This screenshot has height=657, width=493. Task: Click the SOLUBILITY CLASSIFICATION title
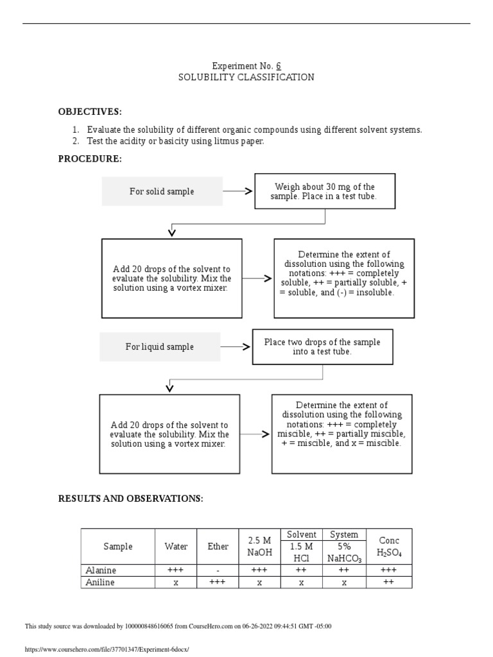click(246, 78)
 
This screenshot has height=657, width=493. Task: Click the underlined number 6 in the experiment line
click(279, 66)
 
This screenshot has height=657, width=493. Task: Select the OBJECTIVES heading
click(90, 112)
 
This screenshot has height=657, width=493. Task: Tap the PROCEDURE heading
click(90, 159)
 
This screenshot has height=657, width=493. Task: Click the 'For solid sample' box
click(162, 191)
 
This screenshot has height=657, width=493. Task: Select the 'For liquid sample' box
click(159, 346)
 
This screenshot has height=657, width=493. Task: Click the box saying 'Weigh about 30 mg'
click(324, 191)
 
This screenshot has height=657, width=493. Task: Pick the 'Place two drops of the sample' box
click(322, 346)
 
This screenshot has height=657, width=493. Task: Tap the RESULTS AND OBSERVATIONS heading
click(130, 499)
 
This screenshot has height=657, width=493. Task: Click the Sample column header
click(118, 547)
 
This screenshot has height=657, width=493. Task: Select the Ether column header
click(218, 547)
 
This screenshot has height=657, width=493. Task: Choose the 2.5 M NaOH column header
click(259, 547)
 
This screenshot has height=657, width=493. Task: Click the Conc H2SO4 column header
click(389, 547)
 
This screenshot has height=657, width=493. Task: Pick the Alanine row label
click(101, 570)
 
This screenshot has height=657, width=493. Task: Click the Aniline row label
click(101, 582)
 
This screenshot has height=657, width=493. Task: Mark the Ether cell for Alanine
click(218, 570)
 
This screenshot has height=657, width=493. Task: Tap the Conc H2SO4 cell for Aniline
click(389, 582)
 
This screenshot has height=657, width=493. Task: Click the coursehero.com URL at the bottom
click(107, 649)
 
